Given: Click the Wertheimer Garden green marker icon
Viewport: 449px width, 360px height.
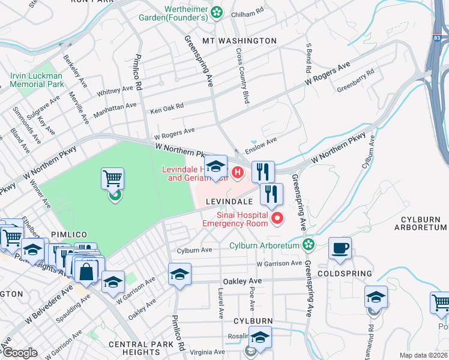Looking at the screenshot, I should (x=216, y=11).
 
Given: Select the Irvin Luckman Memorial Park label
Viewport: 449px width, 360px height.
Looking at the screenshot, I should (x=37, y=80).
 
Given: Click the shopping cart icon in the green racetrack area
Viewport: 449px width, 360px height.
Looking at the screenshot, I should (x=112, y=178).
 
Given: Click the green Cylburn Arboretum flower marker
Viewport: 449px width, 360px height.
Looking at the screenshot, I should (x=308, y=245).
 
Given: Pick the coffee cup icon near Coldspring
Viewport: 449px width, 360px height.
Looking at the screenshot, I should (x=340, y=248).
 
